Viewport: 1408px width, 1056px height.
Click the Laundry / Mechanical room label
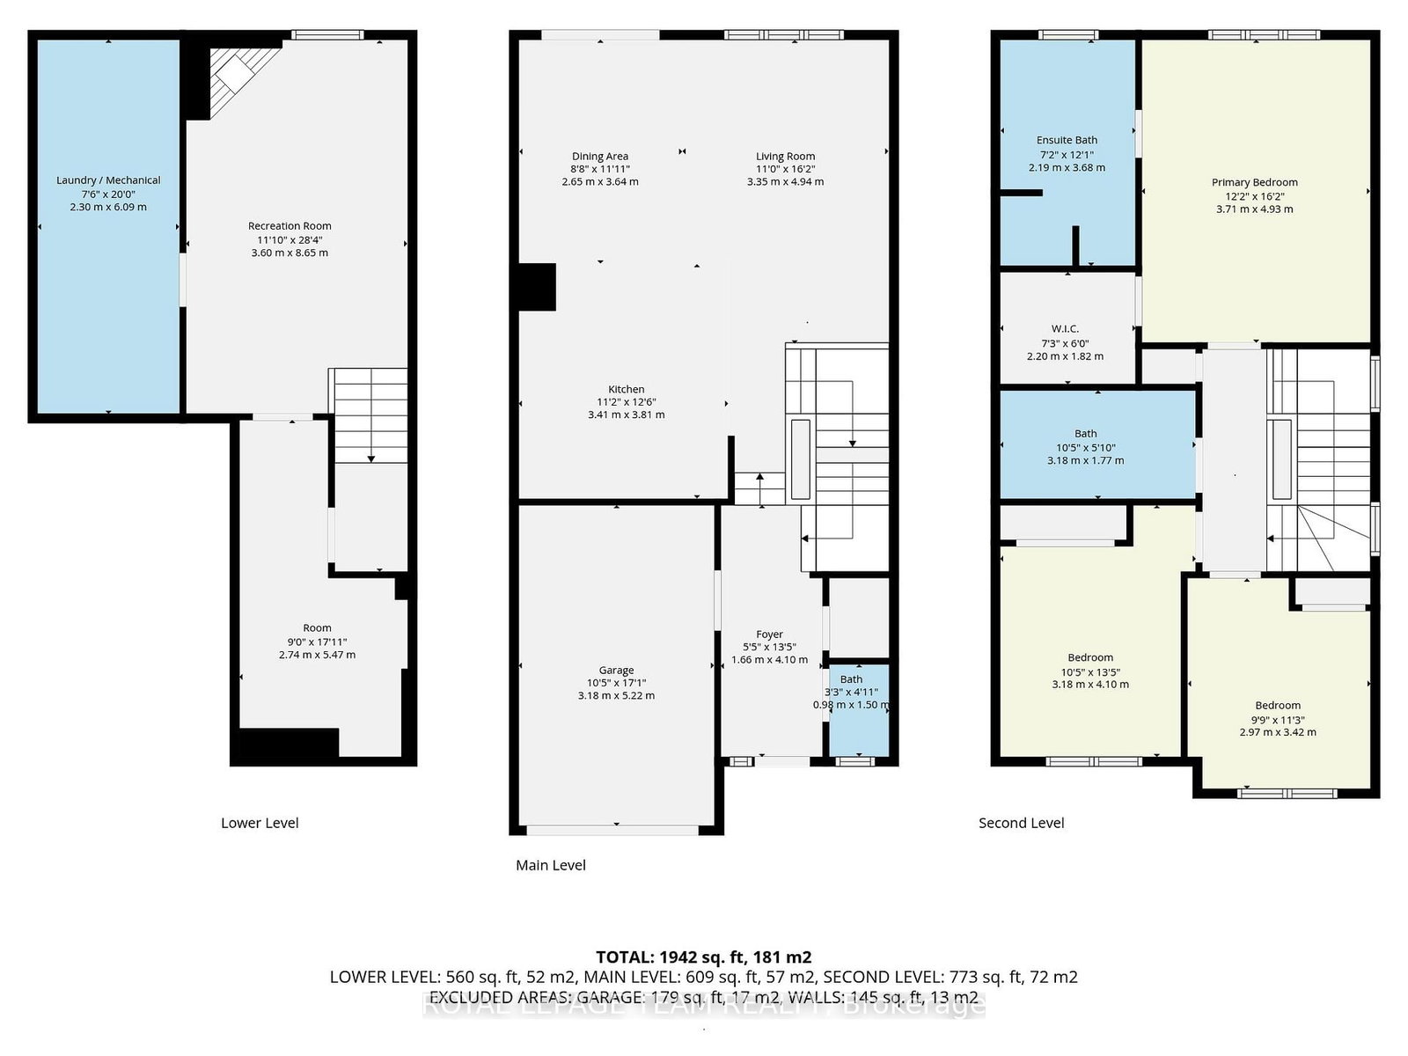[x=108, y=180]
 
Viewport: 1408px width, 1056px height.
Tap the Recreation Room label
[x=290, y=226]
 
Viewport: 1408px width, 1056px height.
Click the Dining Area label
[x=600, y=157]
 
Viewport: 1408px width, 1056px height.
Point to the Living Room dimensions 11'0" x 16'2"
[x=785, y=169]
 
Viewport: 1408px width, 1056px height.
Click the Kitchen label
[x=626, y=389]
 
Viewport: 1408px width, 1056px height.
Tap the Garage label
[x=616, y=671]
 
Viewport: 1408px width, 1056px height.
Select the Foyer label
[x=769, y=634]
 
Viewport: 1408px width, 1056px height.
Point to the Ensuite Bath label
[x=1067, y=140]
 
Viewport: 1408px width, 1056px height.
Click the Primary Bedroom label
[x=1254, y=182]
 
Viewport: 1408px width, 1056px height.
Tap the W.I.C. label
[x=1065, y=329]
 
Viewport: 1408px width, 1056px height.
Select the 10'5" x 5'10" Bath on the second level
[x=1085, y=446]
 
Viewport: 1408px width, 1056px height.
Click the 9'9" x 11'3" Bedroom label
[x=1278, y=706]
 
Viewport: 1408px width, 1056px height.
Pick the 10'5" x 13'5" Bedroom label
[x=1090, y=657]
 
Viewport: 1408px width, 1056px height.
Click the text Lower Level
[x=260, y=823]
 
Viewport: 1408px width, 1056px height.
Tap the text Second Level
[x=1021, y=823]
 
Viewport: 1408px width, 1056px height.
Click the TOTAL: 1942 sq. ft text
[x=703, y=957]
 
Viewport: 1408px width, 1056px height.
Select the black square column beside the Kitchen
[x=537, y=287]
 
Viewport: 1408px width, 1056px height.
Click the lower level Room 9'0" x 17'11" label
[x=317, y=628]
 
